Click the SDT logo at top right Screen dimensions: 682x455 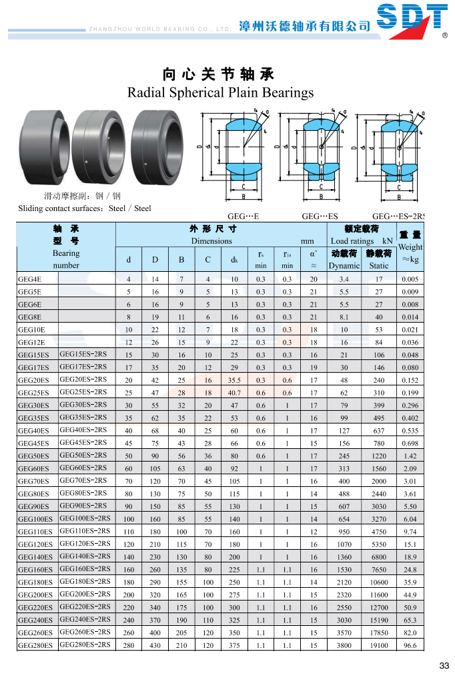click(x=411, y=19)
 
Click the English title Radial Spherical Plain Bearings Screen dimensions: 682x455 click(x=220, y=92)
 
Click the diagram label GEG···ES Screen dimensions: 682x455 click(x=320, y=216)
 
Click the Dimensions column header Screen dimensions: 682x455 click(x=211, y=240)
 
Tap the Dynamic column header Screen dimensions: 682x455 click(x=344, y=265)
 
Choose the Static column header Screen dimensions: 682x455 click(x=378, y=265)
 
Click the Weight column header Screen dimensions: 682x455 click(x=410, y=247)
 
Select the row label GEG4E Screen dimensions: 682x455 click(x=30, y=279)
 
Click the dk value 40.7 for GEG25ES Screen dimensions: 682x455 click(x=234, y=393)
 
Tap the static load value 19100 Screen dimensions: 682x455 click(x=378, y=646)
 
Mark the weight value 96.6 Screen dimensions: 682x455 click(x=410, y=646)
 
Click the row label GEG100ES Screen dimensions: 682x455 click(x=35, y=519)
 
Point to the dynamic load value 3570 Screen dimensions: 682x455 click(x=344, y=633)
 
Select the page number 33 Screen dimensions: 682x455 click(x=444, y=666)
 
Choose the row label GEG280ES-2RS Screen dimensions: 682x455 click(x=85, y=645)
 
